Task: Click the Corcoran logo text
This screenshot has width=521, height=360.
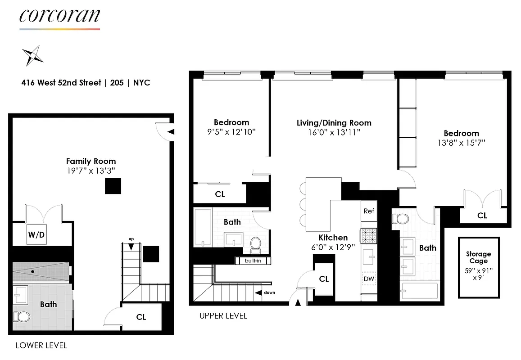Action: click(x=59, y=16)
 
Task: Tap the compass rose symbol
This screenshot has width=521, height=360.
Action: click(x=32, y=56)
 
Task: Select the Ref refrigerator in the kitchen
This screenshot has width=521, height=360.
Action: click(x=369, y=211)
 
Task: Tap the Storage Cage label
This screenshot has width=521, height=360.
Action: click(x=478, y=257)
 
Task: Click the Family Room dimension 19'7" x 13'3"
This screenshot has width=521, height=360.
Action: click(x=91, y=171)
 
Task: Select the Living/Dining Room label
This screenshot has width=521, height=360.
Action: click(x=334, y=122)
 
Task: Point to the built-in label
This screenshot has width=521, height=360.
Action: click(x=253, y=261)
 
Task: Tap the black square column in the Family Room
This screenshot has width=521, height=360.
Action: click(x=113, y=186)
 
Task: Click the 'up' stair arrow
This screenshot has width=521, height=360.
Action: click(x=131, y=246)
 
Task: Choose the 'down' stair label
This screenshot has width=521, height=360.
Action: click(x=269, y=293)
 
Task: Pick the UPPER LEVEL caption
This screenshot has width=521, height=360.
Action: click(x=223, y=316)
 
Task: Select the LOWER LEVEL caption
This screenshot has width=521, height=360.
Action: click(x=41, y=346)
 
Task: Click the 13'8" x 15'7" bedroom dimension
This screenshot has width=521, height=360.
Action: click(x=461, y=143)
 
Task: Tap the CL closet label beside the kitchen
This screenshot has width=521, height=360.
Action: click(x=324, y=279)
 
